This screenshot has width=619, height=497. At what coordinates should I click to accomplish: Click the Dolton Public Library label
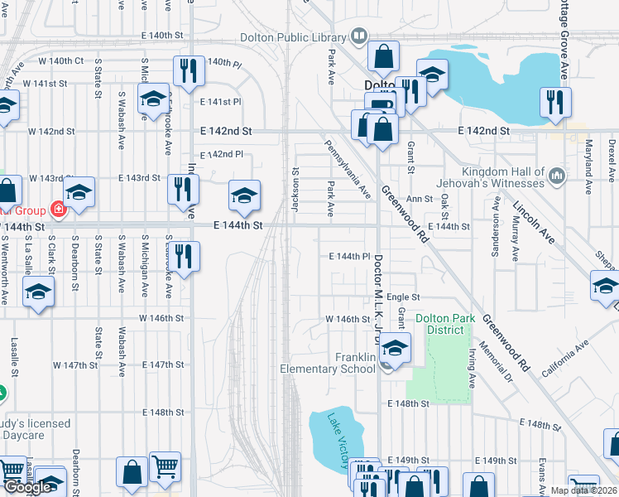(x=294, y=36)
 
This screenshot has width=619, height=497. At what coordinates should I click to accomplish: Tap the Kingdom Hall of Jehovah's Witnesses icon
(x=557, y=176)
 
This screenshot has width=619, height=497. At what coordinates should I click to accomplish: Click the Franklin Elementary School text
(x=328, y=363)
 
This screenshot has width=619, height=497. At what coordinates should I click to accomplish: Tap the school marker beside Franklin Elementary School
(x=396, y=348)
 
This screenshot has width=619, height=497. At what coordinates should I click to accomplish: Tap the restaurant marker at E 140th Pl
(x=188, y=71)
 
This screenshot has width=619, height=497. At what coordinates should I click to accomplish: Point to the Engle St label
(x=404, y=297)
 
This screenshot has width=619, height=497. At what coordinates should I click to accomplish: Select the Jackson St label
(x=295, y=189)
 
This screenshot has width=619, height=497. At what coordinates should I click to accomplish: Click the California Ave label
(x=563, y=355)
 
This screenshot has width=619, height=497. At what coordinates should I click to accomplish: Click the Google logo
(x=26, y=487)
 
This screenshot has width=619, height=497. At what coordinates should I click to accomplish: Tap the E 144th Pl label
(x=348, y=257)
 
